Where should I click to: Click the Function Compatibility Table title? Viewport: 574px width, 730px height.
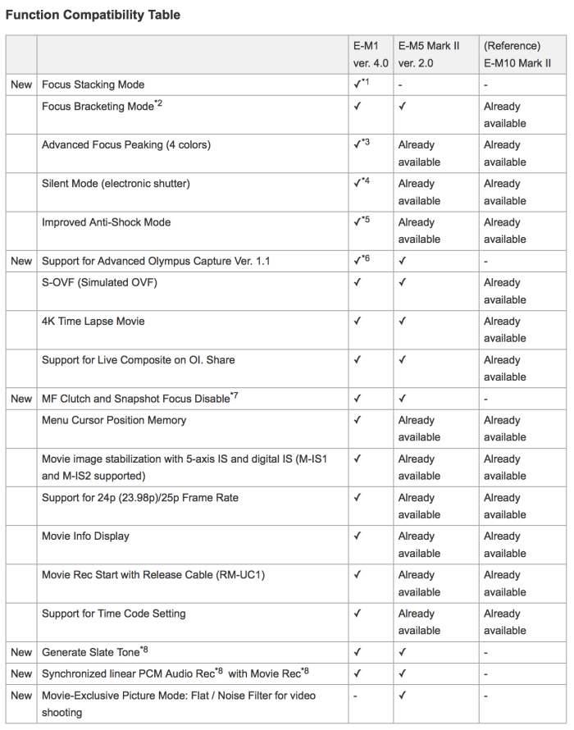pyautogui.click(x=93, y=15)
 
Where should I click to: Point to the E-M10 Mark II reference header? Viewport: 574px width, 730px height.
pyautogui.click(x=517, y=54)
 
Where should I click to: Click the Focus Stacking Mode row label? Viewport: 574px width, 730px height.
pyautogui.click(x=93, y=84)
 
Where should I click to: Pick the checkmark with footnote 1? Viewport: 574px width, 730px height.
pyautogui.click(x=362, y=84)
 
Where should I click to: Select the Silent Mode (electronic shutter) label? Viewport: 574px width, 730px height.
pyautogui.click(x=116, y=184)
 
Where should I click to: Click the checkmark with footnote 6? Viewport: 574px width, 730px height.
pyautogui.click(x=362, y=261)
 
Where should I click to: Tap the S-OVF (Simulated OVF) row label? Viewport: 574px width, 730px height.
pyautogui.click(x=99, y=283)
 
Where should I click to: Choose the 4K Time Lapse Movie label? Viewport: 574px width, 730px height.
pyautogui.click(x=93, y=322)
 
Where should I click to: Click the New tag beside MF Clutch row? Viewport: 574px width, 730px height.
pyautogui.click(x=21, y=399)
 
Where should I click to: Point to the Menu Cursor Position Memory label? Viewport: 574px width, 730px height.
pyautogui.click(x=114, y=421)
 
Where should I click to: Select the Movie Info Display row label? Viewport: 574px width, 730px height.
pyautogui.click(x=85, y=536)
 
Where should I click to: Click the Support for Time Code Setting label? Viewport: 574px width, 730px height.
pyautogui.click(x=114, y=614)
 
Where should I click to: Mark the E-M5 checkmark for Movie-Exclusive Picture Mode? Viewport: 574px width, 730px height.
pyautogui.click(x=403, y=696)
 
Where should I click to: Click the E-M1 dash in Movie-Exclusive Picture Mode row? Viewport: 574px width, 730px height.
pyautogui.click(x=356, y=696)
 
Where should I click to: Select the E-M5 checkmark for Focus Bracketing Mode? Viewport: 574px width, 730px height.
pyautogui.click(x=403, y=107)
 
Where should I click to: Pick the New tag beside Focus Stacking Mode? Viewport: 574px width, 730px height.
pyautogui.click(x=21, y=84)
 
